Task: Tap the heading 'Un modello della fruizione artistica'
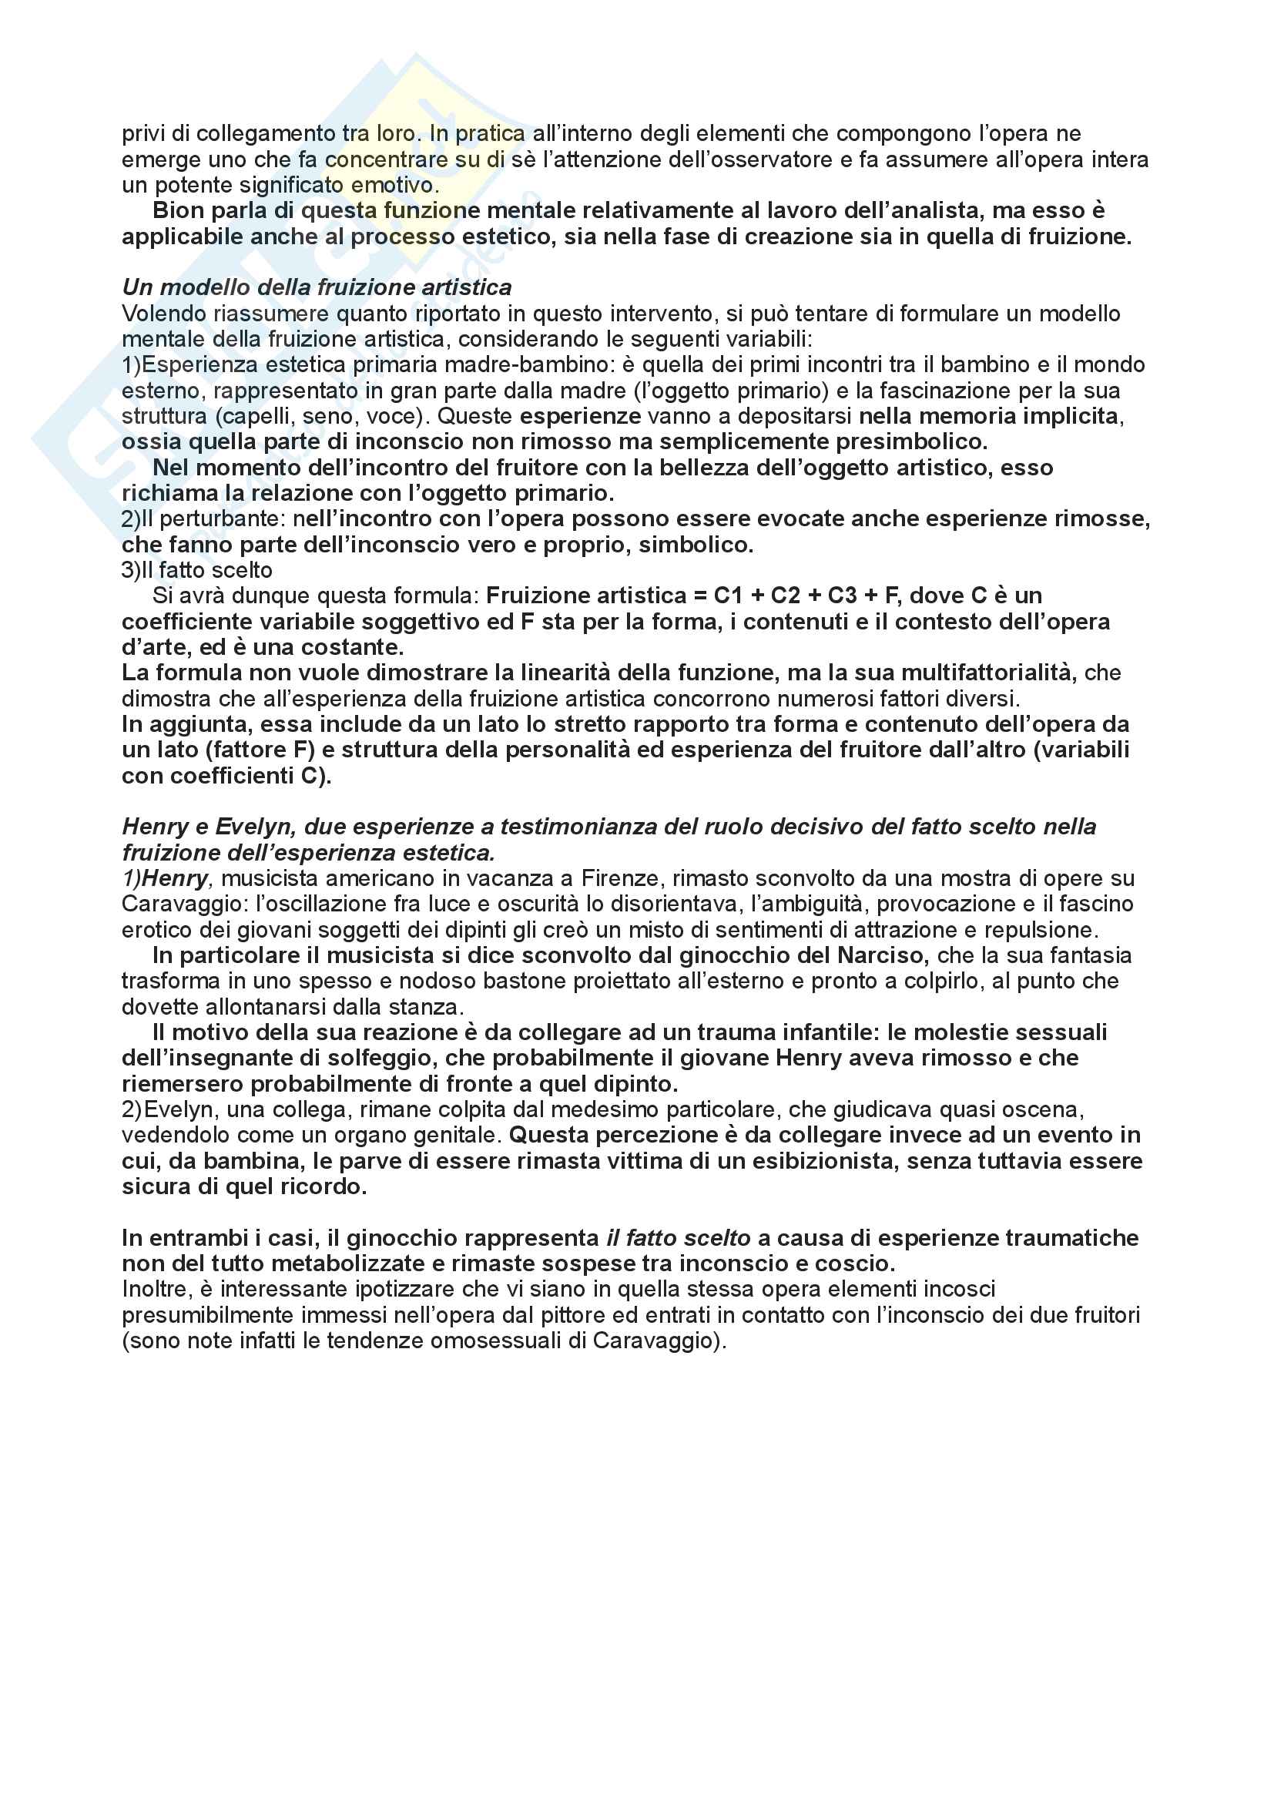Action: [x=316, y=287]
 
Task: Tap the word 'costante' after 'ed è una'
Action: [x=358, y=647]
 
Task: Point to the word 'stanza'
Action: [x=427, y=1007]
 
